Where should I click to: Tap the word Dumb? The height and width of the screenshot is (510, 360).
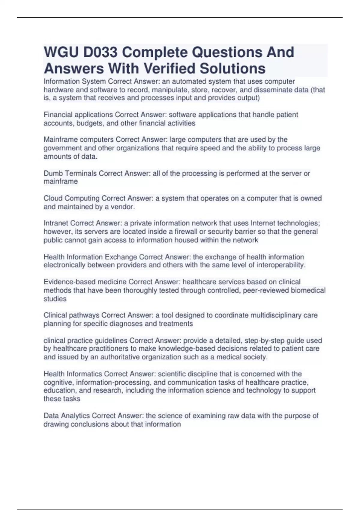53,173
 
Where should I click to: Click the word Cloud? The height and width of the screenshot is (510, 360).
53,198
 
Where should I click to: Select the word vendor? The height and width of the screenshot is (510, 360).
123,207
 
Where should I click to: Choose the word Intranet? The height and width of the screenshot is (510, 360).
56,223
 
